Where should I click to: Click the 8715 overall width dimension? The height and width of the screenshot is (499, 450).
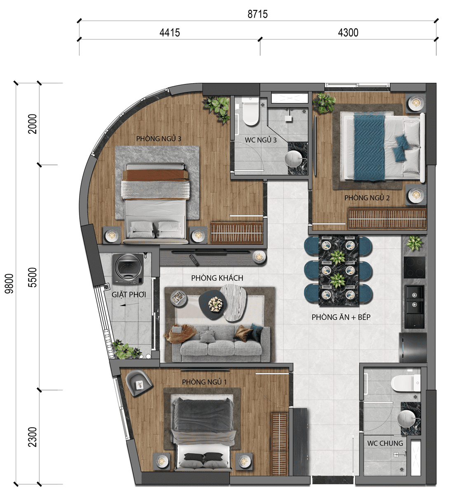click(258, 14)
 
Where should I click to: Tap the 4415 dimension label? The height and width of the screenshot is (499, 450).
click(169, 33)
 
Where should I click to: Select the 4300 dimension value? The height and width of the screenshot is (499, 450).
click(348, 33)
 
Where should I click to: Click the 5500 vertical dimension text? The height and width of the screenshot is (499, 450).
click(33, 277)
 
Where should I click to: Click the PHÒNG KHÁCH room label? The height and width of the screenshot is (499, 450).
click(217, 278)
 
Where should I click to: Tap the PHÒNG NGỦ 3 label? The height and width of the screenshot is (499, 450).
click(159, 139)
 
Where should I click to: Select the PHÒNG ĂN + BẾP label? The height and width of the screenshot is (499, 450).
click(341, 317)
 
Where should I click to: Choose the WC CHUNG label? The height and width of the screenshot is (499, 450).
click(385, 443)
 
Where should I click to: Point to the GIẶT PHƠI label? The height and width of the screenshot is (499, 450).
click(129, 294)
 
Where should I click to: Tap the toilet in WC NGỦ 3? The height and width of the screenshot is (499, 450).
click(250, 112)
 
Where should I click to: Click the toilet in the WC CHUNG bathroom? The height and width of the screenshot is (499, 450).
click(405, 383)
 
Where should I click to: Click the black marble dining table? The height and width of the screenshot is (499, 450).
click(338, 270)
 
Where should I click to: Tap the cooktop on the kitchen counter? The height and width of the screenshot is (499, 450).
click(414, 267)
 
